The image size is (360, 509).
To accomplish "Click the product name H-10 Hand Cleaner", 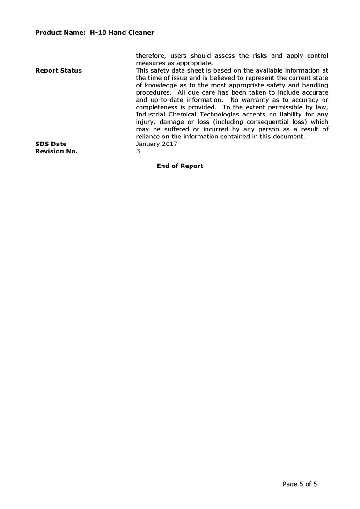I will (x=122, y=33).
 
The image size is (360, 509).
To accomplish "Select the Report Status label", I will (x=59, y=71).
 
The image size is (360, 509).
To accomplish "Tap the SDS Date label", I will (x=51, y=144).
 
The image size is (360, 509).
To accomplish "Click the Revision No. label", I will (x=56, y=151).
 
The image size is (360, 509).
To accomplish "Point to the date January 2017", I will (x=156, y=144).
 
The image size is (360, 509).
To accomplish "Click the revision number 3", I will (x=138, y=151).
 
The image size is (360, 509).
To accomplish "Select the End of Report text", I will (x=180, y=166).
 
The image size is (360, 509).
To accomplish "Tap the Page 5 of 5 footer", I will (x=300, y=484).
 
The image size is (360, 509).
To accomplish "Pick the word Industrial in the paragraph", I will (x=151, y=115).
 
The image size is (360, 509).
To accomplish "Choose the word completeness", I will (x=157, y=107).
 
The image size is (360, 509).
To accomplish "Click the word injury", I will (x=145, y=122).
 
